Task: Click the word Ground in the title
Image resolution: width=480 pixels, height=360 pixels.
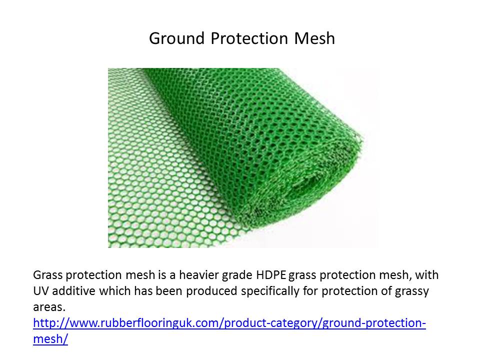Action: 176,39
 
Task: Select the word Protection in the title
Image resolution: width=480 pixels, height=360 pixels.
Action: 249,38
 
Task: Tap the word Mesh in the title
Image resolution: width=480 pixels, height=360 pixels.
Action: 314,38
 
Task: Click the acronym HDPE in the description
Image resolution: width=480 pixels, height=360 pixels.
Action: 271,275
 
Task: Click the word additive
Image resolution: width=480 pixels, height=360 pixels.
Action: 73,291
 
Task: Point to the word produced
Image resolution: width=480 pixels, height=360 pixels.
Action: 211,291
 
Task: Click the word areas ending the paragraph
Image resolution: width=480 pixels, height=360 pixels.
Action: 49,307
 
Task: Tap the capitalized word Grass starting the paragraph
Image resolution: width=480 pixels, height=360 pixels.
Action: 47,275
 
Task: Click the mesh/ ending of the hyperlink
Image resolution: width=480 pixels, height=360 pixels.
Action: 50,339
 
